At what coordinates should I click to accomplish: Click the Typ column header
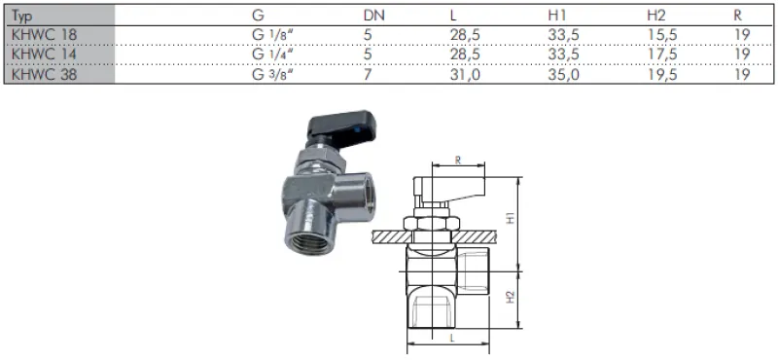(20, 16)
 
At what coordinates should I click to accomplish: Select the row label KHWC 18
(44, 35)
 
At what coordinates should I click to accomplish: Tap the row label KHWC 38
(44, 75)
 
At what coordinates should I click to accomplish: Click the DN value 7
(368, 75)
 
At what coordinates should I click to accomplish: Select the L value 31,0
(465, 75)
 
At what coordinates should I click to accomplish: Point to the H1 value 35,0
(563, 75)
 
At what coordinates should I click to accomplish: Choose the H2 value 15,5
(662, 35)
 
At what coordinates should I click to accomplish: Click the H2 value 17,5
(662, 54)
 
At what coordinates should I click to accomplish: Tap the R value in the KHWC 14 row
(742, 54)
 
